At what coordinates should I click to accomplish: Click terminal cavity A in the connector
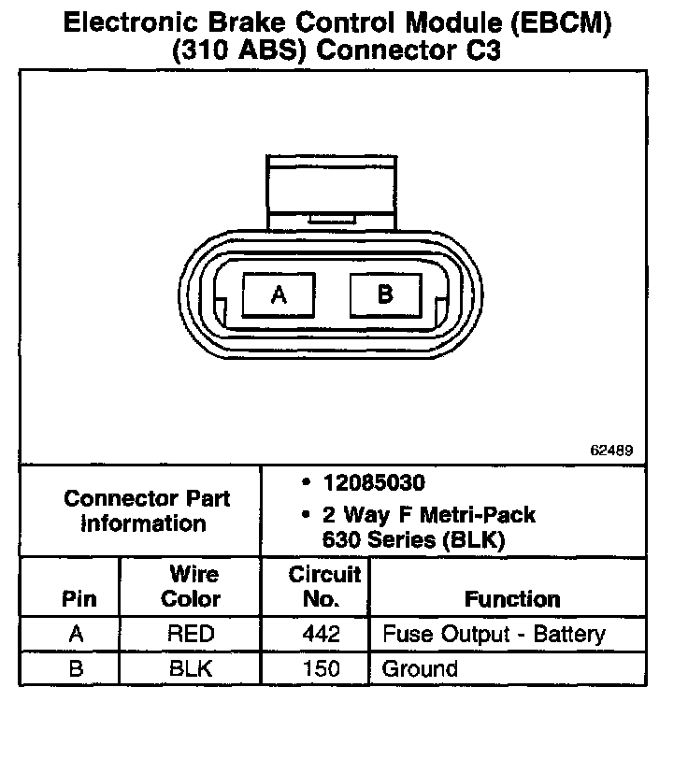click(279, 295)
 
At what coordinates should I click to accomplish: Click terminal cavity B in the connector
click(385, 294)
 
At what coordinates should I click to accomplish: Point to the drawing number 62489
click(612, 450)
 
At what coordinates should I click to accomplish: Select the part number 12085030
click(374, 483)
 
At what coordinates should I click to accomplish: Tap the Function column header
click(512, 599)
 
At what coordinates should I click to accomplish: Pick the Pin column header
click(78, 599)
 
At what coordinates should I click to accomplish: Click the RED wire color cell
click(191, 634)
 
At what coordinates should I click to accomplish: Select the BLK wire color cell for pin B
click(191, 668)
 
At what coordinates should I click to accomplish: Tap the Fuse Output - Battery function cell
click(494, 634)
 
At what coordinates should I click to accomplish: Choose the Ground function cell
click(420, 668)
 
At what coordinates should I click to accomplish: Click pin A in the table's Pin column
click(78, 634)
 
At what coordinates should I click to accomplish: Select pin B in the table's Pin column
click(78, 668)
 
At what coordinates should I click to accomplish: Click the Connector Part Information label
click(147, 510)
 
